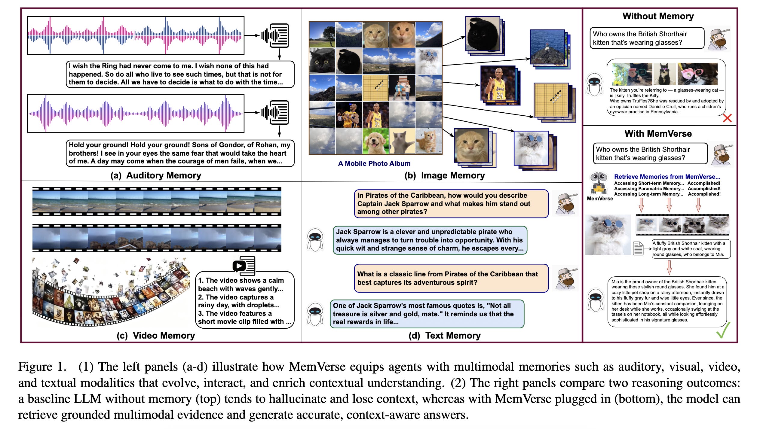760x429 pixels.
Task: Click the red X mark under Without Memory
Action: tap(727, 118)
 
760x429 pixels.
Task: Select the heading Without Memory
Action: tap(658, 16)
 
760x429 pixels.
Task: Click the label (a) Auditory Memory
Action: tap(156, 175)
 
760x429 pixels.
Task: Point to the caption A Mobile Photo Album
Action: tap(374, 163)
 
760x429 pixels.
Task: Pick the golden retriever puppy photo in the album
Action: tap(375, 141)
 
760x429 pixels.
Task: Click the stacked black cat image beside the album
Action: tap(483, 35)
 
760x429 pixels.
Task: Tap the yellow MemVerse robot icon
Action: tap(599, 184)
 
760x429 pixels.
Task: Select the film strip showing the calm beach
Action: tap(157, 201)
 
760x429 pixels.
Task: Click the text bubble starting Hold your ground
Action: tap(180, 153)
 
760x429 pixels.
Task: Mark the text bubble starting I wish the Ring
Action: tap(180, 74)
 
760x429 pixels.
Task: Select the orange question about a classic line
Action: tap(451, 278)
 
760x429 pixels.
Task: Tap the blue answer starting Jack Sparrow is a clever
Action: tap(430, 240)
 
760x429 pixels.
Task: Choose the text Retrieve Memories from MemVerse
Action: tap(667, 177)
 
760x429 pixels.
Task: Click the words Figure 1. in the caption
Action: tap(42, 367)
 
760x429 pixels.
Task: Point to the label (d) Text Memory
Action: tap(444, 335)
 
